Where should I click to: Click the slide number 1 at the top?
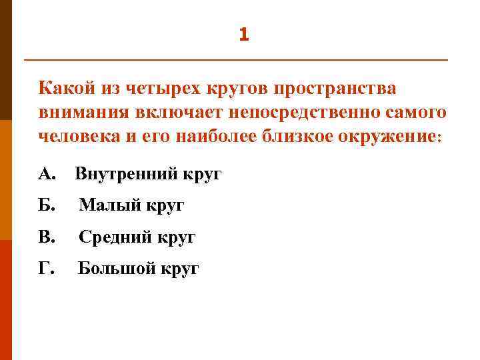(243, 35)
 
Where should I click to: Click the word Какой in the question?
(67, 89)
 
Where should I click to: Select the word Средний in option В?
(114, 237)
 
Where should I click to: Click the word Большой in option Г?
(117, 269)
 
